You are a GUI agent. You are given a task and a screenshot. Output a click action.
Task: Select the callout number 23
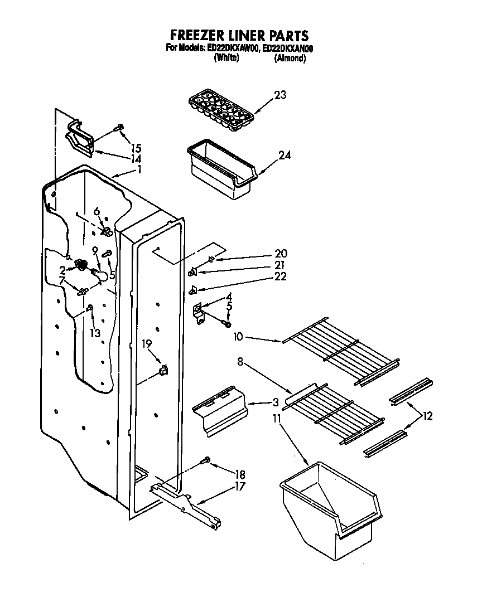279,95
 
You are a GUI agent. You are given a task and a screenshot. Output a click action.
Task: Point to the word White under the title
226,58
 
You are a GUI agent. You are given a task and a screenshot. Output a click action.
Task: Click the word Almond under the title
290,58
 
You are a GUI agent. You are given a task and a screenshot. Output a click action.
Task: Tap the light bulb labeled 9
100,275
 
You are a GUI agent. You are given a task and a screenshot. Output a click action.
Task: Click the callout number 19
146,344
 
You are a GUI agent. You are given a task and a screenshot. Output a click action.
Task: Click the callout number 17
240,485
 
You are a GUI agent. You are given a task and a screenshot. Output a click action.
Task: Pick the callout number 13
95,333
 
